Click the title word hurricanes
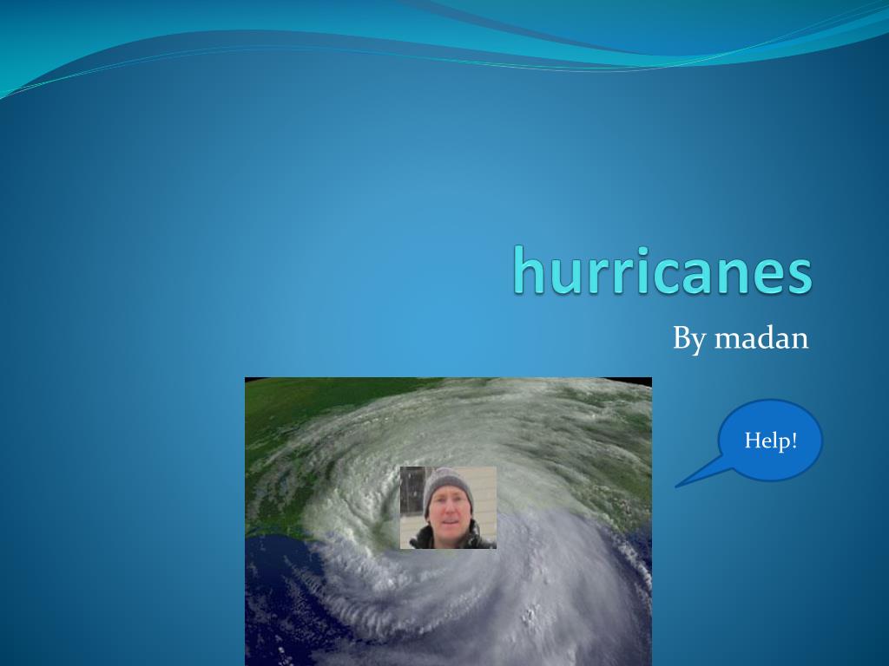(x=662, y=271)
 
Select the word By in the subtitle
(x=689, y=338)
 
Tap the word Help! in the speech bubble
(x=770, y=441)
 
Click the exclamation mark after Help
(x=794, y=440)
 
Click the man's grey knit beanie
(x=447, y=483)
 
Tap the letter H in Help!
(x=752, y=441)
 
